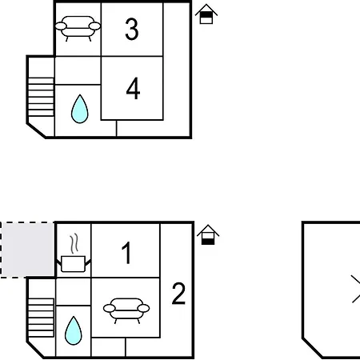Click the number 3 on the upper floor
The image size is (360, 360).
pos(132,29)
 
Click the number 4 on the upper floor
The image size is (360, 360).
pos(133,88)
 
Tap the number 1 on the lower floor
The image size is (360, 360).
pos(126,253)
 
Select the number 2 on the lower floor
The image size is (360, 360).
pos(178,294)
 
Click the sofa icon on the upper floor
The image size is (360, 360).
pos(78,28)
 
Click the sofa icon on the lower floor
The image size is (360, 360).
pos(126,310)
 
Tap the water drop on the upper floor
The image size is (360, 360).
pos(80,109)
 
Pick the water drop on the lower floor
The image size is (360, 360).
pos(74,330)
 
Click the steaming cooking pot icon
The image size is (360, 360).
pos(74,254)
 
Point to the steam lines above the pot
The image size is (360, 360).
pos(74,244)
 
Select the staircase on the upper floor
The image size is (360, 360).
pos(41,97)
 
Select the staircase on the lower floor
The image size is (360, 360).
pos(41,318)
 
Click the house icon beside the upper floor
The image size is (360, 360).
pos(206,14)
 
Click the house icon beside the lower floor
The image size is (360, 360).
pos(208,235)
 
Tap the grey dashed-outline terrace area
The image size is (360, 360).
pos(27,250)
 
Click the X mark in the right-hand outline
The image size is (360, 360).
pos(356,289)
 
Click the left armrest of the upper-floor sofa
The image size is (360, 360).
pos(61,26)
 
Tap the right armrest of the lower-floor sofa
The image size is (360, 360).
pos(143,308)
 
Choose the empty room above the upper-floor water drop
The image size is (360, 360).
pos(78,70)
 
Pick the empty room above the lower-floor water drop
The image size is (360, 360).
pos(74,292)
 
